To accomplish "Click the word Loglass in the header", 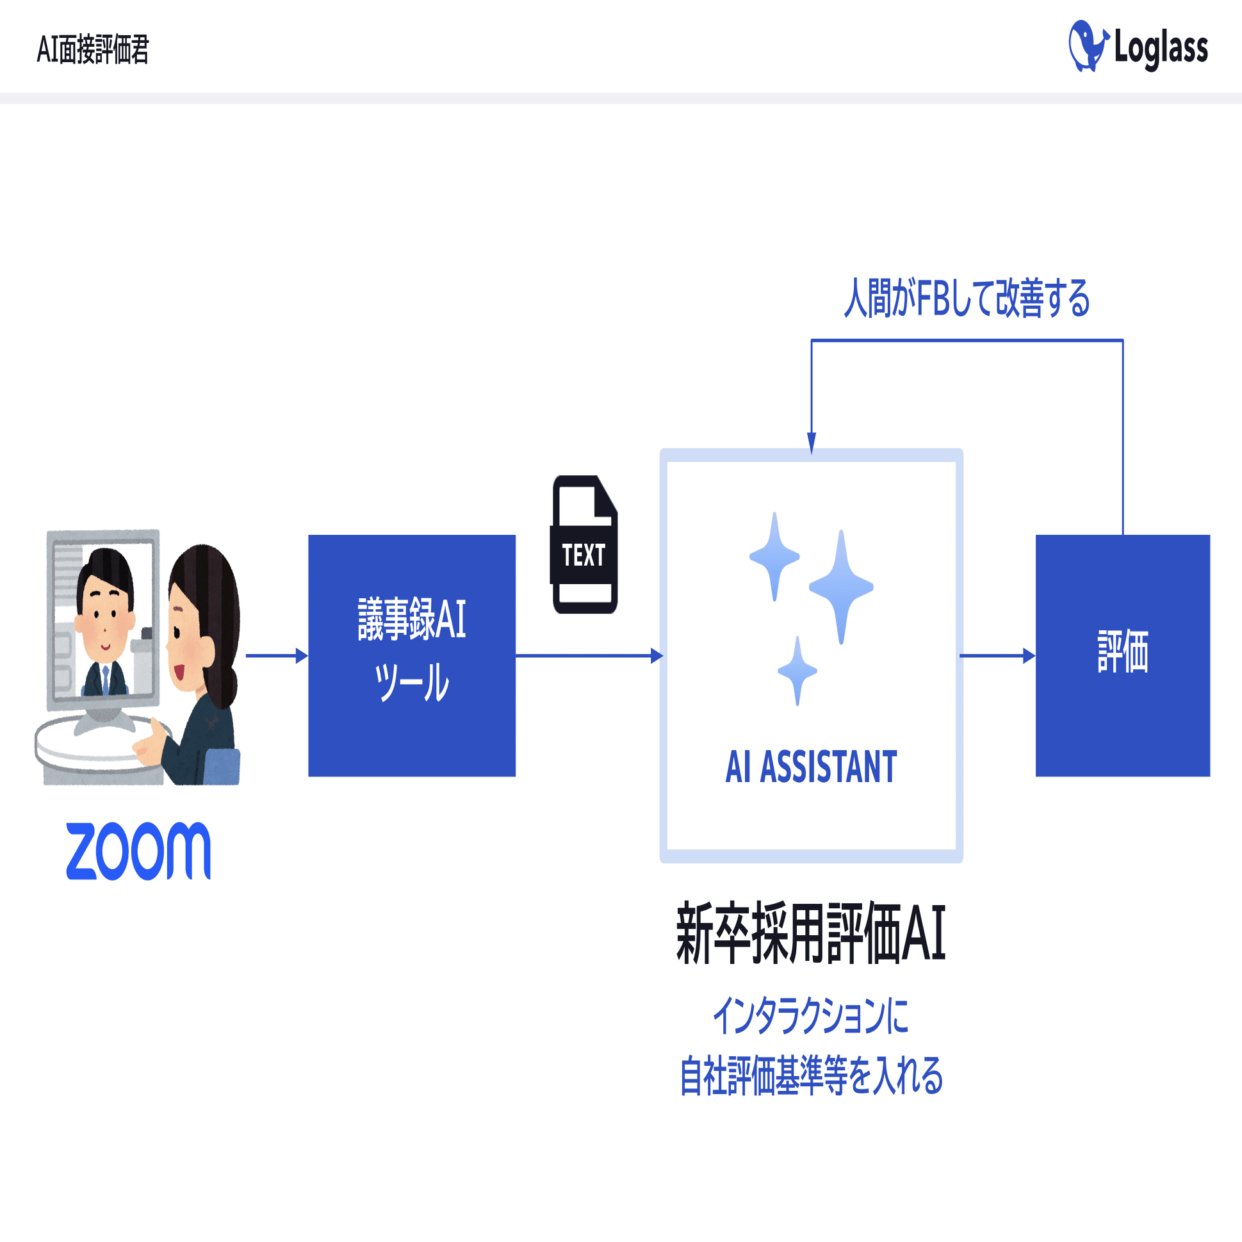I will point(1161,48).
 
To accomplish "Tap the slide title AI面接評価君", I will point(93,49).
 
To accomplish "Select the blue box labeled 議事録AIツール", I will point(411,655).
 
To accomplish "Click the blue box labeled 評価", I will point(1122,655).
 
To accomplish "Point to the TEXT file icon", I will point(584,545).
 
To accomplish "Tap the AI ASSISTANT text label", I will point(811,767).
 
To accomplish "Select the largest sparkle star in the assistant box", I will point(841,586).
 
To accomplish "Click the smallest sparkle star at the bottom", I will point(797,671).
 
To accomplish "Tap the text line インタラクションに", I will point(811,1016).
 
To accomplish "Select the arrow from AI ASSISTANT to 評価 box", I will point(997,656).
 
